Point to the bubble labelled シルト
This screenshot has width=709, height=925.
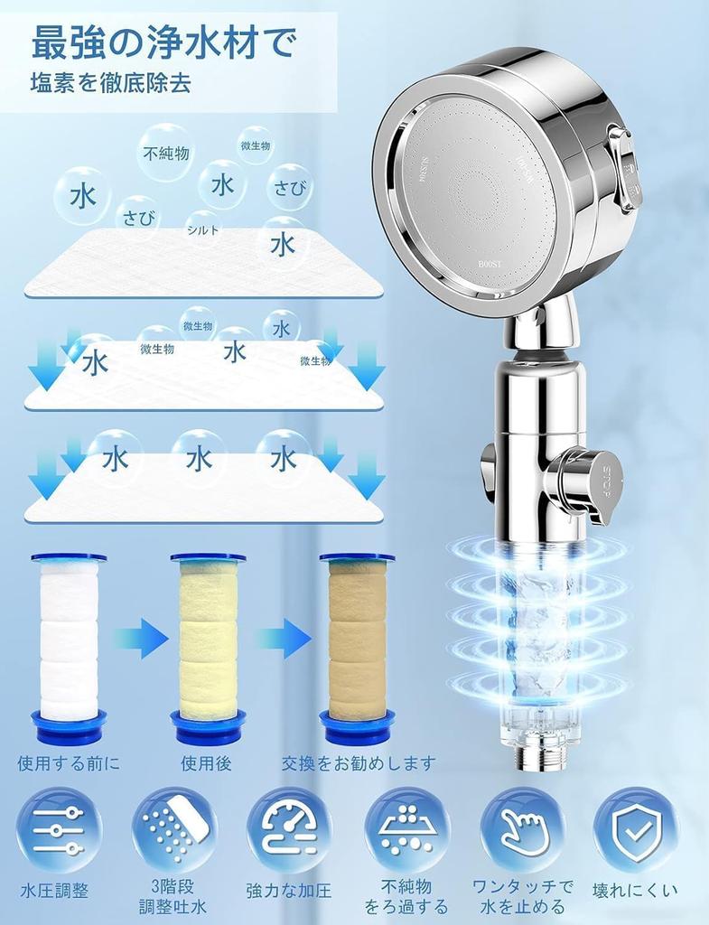click(203, 229)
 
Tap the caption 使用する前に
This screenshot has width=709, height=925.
click(69, 763)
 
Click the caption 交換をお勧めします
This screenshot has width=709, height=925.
click(359, 763)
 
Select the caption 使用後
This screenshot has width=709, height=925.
click(206, 763)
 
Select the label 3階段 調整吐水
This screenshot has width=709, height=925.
click(173, 898)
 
